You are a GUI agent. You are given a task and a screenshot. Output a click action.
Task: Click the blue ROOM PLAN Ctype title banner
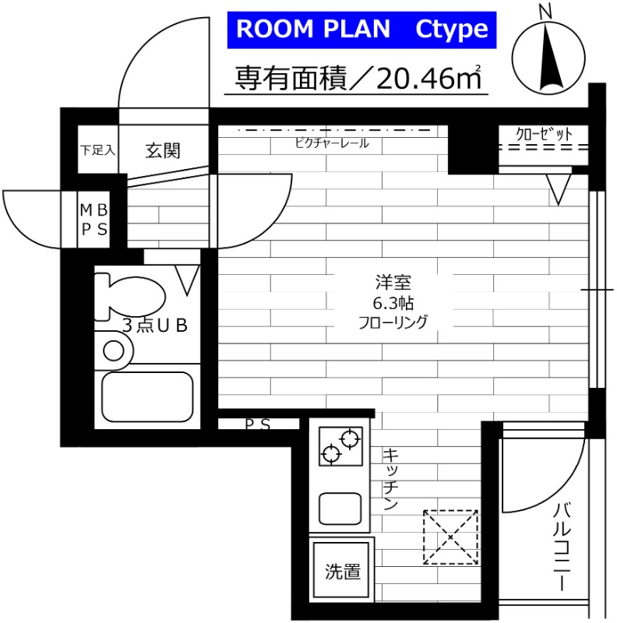[361, 30]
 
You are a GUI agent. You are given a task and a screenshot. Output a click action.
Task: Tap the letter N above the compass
[545, 12]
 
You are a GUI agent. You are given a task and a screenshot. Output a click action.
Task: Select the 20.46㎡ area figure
[428, 79]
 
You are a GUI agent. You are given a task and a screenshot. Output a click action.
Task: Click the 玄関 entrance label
[163, 151]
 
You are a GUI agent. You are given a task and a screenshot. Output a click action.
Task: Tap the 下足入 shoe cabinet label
[97, 150]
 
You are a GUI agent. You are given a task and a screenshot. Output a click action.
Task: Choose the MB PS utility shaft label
[93, 220]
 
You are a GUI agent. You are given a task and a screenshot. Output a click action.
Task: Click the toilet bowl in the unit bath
[129, 297]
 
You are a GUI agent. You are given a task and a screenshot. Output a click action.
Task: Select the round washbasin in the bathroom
[114, 351]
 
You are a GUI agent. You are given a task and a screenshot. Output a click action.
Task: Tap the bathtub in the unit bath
[147, 396]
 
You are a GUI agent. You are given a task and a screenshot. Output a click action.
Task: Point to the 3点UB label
[155, 326]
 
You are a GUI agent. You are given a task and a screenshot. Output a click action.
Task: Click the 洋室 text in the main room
[393, 282]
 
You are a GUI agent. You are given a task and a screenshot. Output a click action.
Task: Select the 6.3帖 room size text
[393, 304]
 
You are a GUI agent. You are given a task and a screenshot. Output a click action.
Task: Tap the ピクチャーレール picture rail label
[332, 143]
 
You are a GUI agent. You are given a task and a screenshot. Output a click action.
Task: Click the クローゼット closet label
[544, 134]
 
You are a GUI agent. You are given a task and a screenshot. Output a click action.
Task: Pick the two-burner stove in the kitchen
[340, 445]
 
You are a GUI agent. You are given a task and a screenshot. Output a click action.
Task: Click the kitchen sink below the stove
[340, 509]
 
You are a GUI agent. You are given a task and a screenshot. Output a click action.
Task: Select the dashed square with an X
[450, 537]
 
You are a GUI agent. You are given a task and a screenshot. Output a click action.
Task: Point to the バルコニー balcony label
[562, 547]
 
